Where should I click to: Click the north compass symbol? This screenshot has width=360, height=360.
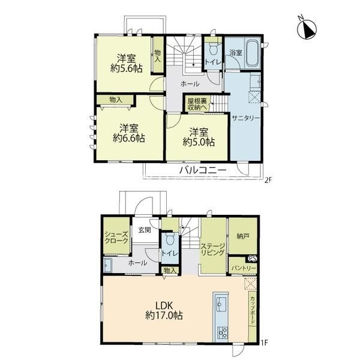[307, 28]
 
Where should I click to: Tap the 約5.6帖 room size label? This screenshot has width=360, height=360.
[126, 68]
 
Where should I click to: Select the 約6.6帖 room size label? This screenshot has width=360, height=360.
[129, 138]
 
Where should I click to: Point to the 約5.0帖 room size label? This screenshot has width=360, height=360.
[199, 142]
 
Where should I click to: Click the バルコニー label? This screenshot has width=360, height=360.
[203, 170]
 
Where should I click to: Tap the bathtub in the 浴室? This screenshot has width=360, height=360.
[253, 53]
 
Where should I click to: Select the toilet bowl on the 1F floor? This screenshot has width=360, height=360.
[170, 239]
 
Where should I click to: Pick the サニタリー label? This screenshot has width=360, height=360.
[245, 118]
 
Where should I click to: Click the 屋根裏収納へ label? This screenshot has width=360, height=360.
[197, 104]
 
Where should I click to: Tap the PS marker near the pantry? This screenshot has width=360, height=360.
[253, 258]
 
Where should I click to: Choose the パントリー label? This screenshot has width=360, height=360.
[244, 268]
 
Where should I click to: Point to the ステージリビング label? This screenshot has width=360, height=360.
[212, 250]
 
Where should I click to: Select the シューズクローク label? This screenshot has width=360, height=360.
[116, 238]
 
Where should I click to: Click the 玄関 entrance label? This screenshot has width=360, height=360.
[145, 230]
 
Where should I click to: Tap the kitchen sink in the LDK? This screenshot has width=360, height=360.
[221, 304]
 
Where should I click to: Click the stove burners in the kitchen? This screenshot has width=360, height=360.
[222, 332]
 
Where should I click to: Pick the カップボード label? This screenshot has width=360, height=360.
[253, 310]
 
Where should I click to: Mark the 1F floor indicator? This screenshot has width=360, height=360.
[265, 343]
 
